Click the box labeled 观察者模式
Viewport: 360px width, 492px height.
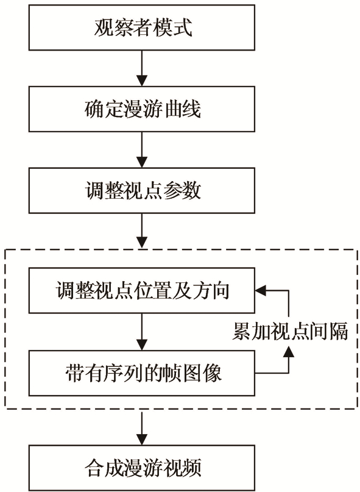pos(142,27)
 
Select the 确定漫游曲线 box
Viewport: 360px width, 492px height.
pos(142,109)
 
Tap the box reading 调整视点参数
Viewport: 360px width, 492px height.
pos(142,190)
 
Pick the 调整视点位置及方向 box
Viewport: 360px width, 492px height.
pos(142,290)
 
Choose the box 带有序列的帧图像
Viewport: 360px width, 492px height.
pos(142,373)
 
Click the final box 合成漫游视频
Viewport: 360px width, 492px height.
pos(142,468)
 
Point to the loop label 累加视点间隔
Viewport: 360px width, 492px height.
pos(290,332)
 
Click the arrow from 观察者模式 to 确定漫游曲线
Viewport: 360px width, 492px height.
pos(142,68)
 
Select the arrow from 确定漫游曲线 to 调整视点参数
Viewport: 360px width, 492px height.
pos(142,149)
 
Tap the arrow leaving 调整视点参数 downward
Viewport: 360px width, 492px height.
pos(142,231)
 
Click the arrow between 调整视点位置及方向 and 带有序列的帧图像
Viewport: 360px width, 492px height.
pos(142,332)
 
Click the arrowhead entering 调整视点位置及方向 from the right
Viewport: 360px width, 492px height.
pos(260,291)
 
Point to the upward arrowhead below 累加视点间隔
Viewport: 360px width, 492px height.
pos(289,352)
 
